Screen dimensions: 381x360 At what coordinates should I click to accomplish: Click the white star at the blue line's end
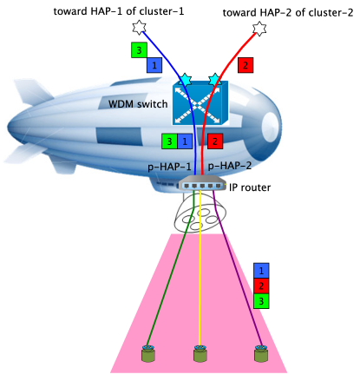[135, 30]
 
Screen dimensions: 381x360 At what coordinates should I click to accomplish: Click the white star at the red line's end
[259, 30]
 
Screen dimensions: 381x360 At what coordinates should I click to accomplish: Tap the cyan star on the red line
[214, 80]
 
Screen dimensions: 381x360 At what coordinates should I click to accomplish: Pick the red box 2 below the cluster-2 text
[245, 65]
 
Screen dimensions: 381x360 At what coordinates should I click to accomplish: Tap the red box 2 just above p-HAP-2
[214, 141]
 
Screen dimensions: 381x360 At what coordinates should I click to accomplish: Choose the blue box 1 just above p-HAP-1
[185, 141]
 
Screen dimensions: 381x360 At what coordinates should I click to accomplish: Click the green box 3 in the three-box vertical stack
[261, 300]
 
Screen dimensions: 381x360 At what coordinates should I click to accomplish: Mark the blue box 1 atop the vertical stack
[261, 271]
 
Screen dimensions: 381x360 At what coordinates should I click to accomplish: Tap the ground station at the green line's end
[148, 354]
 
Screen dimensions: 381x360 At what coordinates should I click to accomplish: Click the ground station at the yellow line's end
[201, 354]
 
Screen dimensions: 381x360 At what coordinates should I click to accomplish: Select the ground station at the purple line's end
[259, 354]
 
